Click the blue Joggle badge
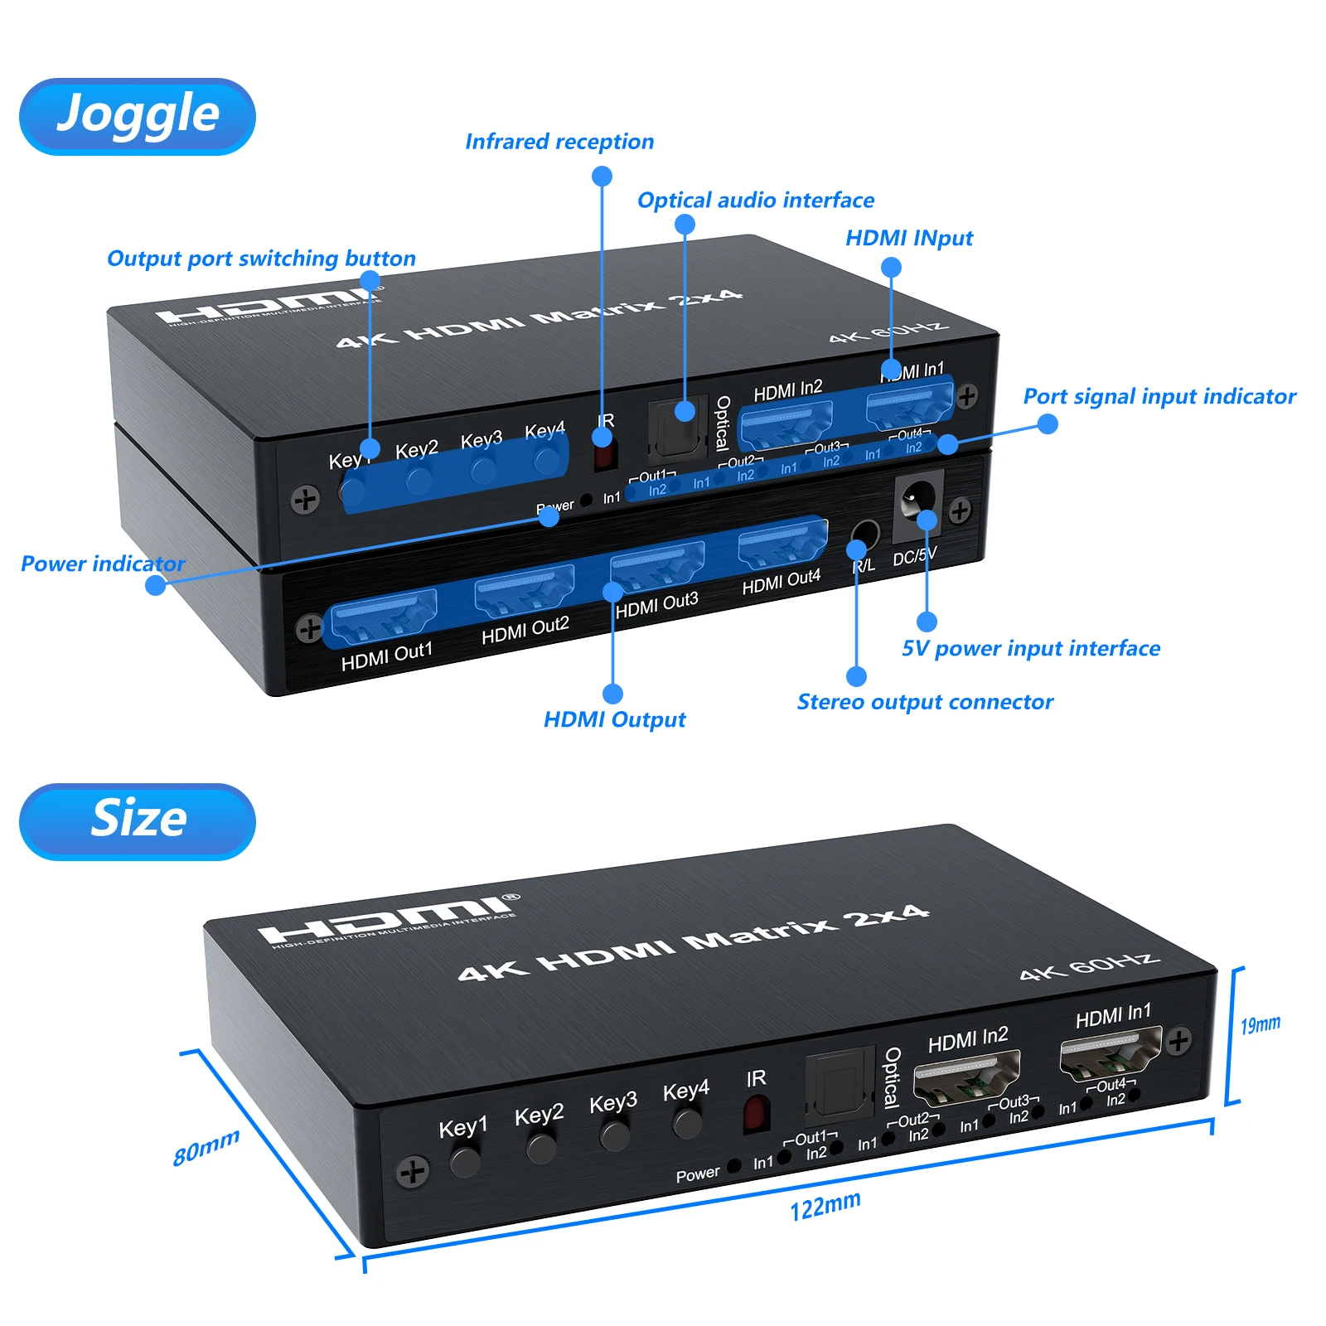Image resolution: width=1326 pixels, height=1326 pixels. [x=138, y=116]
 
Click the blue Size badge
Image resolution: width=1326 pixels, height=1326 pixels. [x=138, y=821]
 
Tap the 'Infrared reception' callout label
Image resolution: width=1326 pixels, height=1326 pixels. [x=559, y=142]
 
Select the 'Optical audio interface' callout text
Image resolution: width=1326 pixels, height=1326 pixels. [x=755, y=201]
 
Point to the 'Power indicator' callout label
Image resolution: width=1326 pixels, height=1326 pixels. [x=103, y=564]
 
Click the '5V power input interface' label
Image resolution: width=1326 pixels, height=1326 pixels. [x=1031, y=648]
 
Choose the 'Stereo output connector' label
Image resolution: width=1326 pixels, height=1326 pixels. [x=925, y=702]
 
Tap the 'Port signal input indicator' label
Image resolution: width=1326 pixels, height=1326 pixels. [x=1159, y=396]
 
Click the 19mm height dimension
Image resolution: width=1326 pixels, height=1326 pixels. [x=1260, y=1025]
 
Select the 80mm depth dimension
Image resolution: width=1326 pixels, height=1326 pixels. [x=206, y=1147]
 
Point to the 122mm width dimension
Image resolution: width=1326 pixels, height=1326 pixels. [x=825, y=1206]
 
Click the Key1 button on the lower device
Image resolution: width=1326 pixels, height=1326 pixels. [x=465, y=1161]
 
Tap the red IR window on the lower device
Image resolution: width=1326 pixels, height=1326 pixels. [x=756, y=1114]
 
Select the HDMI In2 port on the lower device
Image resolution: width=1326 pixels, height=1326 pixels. [x=966, y=1077]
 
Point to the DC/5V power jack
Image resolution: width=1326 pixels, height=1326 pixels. [x=918, y=499]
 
